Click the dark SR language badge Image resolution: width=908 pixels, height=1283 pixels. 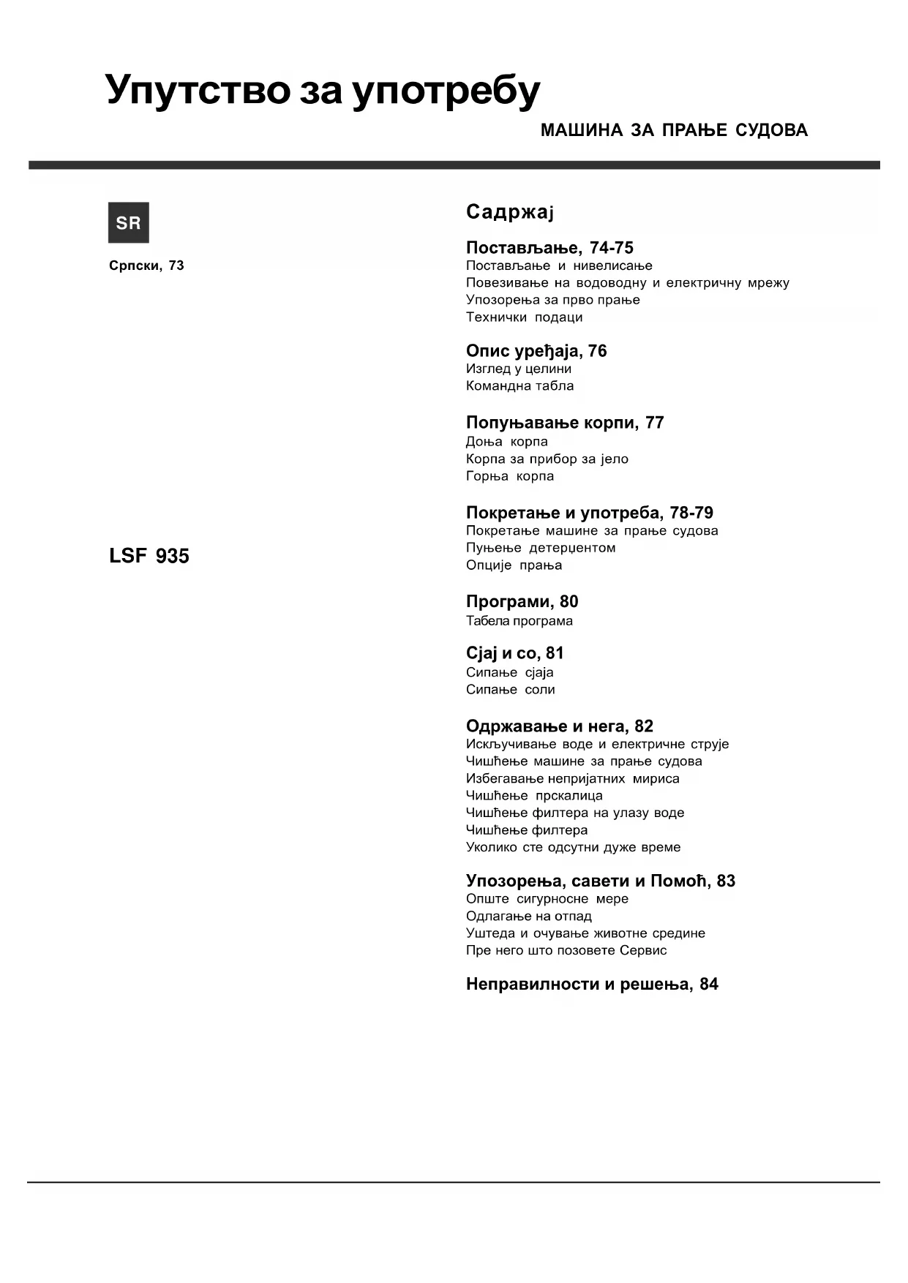click(129, 222)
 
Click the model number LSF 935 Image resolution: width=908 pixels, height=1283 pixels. click(149, 556)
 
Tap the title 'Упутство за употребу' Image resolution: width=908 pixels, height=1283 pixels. click(323, 91)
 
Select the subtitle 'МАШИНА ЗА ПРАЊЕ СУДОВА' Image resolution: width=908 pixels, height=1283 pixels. click(674, 130)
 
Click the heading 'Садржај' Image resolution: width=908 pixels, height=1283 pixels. click(510, 212)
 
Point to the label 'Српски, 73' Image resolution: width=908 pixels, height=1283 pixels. click(146, 266)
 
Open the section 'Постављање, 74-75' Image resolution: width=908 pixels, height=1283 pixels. click(549, 248)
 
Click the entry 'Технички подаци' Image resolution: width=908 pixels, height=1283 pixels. click(524, 317)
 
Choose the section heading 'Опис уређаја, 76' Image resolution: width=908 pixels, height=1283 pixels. click(536, 351)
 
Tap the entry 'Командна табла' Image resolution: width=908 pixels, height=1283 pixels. click(519, 386)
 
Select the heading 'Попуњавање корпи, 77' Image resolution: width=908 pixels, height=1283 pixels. click(565, 423)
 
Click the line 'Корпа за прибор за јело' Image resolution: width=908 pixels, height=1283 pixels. click(547, 459)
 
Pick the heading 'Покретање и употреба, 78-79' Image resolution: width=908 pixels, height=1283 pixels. click(590, 513)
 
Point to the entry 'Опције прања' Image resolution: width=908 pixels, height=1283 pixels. click(514, 565)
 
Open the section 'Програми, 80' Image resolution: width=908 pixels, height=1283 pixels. click(522, 602)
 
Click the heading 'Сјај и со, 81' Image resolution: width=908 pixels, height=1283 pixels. click(514, 653)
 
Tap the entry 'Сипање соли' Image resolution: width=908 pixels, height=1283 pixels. click(510, 690)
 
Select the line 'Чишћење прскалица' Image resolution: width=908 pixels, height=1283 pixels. click(534, 796)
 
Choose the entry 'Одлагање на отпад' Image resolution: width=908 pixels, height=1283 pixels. click(529, 917)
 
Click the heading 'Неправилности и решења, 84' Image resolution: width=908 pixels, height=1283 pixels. click(592, 985)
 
